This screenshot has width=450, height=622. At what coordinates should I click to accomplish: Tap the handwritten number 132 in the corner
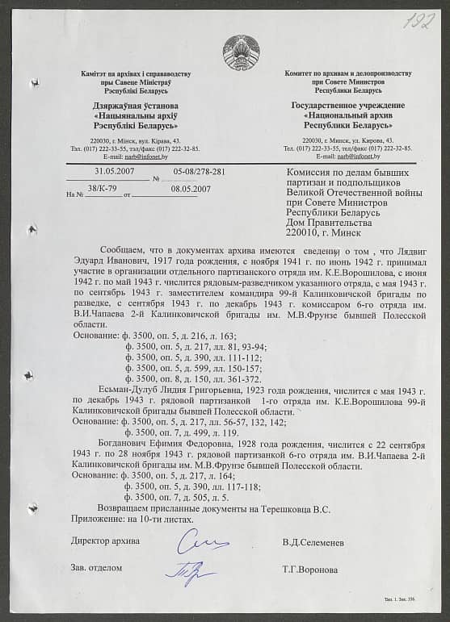(419, 20)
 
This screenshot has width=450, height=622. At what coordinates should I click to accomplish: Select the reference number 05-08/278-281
(200, 172)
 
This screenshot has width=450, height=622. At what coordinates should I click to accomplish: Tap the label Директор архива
(105, 541)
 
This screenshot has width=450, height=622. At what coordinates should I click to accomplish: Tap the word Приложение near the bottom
(95, 520)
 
